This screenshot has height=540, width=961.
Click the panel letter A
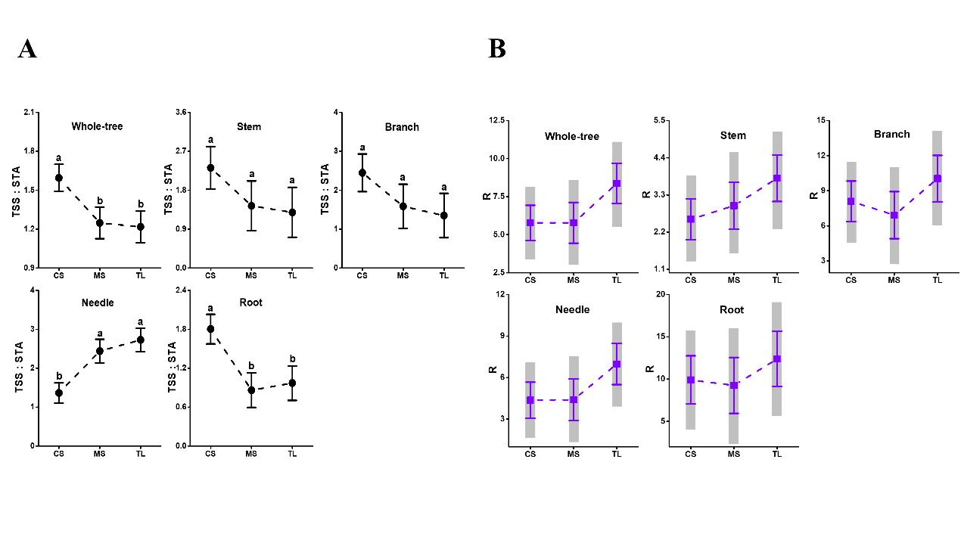pos(27,49)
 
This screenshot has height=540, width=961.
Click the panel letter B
pos(497,49)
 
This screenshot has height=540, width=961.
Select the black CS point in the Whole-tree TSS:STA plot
pos(59,178)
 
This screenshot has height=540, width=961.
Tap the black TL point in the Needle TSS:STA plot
pos(141,340)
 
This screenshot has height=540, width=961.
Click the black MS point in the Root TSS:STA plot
pos(251,390)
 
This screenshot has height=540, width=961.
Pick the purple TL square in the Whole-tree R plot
pos(617,183)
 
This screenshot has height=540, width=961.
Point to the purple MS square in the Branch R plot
pos(894,216)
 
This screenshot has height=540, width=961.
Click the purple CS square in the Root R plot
pos(691,380)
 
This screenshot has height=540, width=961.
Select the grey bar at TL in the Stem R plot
pos(777,180)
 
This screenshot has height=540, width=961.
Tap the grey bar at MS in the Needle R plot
pos(574,399)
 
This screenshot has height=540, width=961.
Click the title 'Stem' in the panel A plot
pos(249,126)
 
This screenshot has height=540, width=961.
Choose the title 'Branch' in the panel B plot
pos(892,134)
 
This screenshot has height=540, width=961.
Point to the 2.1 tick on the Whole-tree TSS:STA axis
pos(30,112)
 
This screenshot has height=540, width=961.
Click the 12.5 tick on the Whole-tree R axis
pos(497,120)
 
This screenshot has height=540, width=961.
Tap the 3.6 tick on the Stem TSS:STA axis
pos(181,112)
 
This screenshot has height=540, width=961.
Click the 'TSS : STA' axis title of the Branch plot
pos(325,189)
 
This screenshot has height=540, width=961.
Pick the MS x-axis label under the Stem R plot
pos(733,280)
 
